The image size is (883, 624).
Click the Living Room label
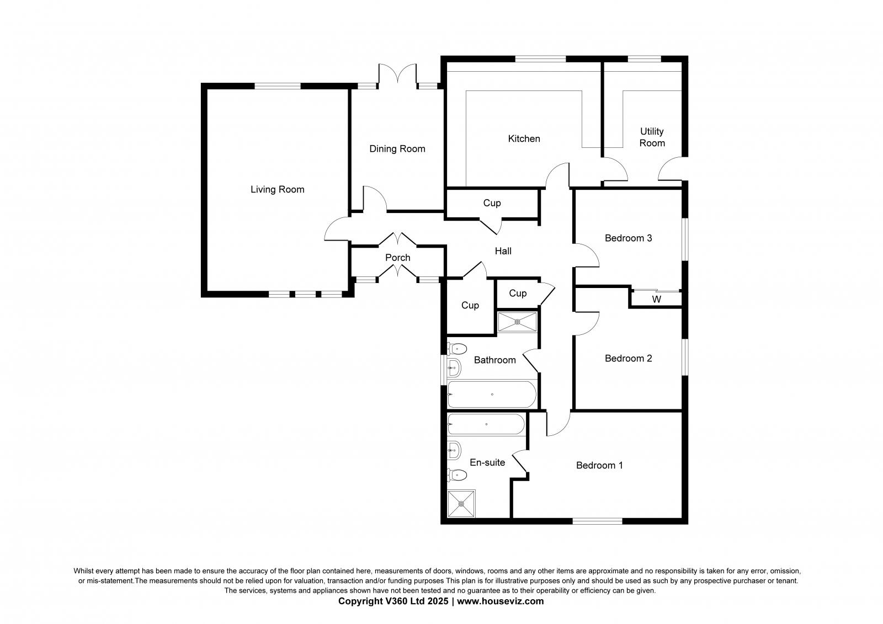[x=277, y=189]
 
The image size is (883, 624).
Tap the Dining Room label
[x=397, y=148]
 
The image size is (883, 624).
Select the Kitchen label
[x=524, y=138]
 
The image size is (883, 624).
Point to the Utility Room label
[x=652, y=137]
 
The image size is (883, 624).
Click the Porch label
[x=397, y=258]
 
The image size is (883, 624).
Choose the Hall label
[x=503, y=251]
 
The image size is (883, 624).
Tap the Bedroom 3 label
[x=628, y=238]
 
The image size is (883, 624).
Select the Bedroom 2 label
[x=628, y=359]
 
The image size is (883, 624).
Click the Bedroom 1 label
[x=599, y=465]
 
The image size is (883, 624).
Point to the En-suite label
[x=487, y=462]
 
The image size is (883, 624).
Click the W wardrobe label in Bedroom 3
[x=656, y=300]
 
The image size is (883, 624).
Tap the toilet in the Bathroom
[x=458, y=349]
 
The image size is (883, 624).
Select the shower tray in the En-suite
[x=461, y=503]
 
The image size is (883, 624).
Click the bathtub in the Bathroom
[x=491, y=394]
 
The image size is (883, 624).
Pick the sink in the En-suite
[x=454, y=450]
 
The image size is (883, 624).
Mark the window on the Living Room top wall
[x=277, y=86]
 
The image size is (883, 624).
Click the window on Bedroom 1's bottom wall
[x=597, y=520]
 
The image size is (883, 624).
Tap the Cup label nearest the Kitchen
[x=492, y=203]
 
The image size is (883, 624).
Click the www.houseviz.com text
[x=500, y=601]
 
